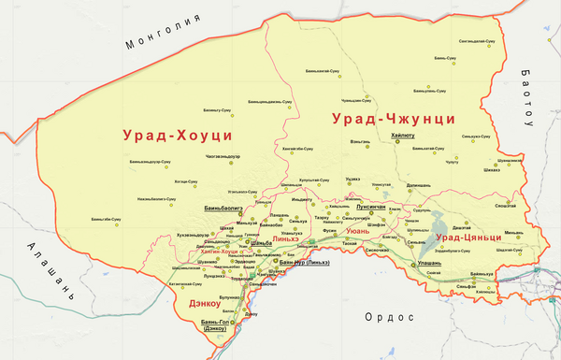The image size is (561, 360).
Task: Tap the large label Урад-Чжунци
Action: [393, 119]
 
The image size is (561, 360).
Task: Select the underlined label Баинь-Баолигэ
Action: [223, 209]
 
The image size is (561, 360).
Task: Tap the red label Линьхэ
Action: [285, 239]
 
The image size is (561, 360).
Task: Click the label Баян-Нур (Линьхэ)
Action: [305, 263]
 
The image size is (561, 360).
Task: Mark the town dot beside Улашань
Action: [408, 266]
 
